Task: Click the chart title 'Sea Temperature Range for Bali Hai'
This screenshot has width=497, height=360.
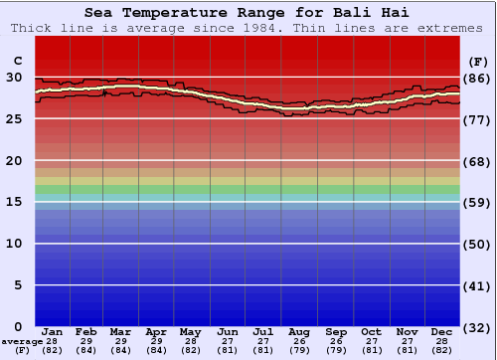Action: pyautogui.click(x=246, y=13)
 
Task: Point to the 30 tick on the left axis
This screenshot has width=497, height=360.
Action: pyautogui.click(x=14, y=77)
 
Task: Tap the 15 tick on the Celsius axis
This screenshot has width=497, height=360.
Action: pyautogui.click(x=14, y=202)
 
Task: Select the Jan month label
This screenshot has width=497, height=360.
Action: pyautogui.click(x=53, y=332)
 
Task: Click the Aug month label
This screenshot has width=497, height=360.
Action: pyautogui.click(x=299, y=332)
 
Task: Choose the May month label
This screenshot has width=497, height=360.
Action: pyautogui.click(x=189, y=332)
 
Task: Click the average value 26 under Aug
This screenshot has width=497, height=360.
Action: pyautogui.click(x=299, y=341)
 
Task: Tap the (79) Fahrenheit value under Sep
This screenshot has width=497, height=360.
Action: pyautogui.click(x=335, y=350)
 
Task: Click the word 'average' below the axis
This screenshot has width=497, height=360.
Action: pyautogui.click(x=22, y=341)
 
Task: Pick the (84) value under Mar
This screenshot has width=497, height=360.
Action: pyautogui.click(x=120, y=350)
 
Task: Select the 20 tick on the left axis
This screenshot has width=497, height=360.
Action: pyautogui.click(x=14, y=160)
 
